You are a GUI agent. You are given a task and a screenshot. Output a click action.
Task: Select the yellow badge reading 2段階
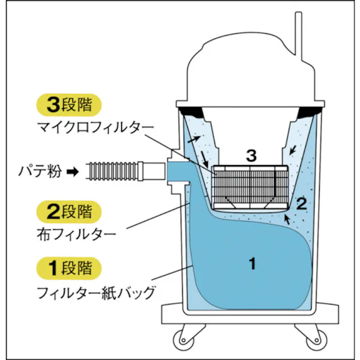tap(69, 212)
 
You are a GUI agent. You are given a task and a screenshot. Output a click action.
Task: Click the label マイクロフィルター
tap(94, 128)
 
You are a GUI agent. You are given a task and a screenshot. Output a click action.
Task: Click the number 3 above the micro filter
tap(251, 155)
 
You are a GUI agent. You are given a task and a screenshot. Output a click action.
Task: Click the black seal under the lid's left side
tap(191, 111)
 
